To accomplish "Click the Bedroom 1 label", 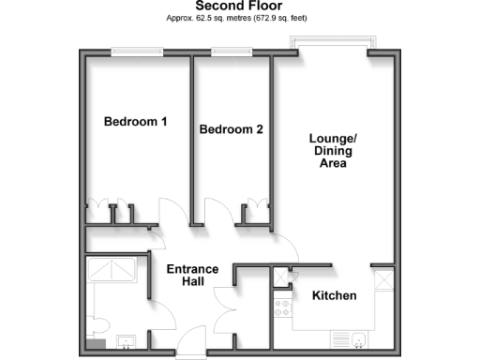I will (136, 122).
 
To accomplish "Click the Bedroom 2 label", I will (231, 130).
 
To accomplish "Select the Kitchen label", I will (335, 296).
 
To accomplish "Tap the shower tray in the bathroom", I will (112, 271).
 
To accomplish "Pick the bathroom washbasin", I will (124, 341).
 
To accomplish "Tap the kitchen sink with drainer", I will (352, 339).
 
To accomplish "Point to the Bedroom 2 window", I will (225, 52).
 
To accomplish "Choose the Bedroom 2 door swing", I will (212, 212).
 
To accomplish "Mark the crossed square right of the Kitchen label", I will (382, 278).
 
